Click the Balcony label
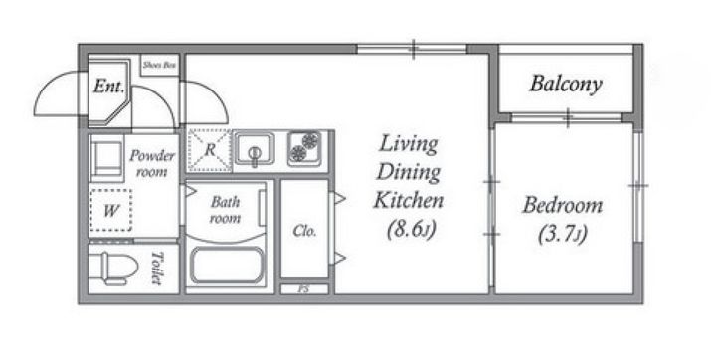click(565, 85)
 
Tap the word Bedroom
click(562, 205)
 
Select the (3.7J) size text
click(562, 235)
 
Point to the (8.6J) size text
click(410, 229)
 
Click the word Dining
click(409, 173)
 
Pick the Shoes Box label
click(159, 65)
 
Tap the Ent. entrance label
click(108, 86)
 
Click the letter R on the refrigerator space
click(210, 150)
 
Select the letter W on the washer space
click(111, 211)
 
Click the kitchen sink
click(255, 149)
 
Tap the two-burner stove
click(304, 147)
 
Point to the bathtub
click(227, 266)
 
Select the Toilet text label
click(157, 268)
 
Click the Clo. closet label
click(304, 231)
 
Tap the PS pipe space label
click(302, 289)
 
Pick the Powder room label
click(151, 163)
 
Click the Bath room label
click(225, 210)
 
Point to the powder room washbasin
click(107, 158)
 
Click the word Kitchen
click(409, 201)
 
